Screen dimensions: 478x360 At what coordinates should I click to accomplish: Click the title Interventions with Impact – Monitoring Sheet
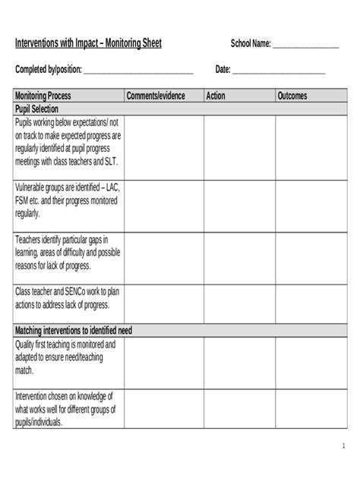(x=88, y=44)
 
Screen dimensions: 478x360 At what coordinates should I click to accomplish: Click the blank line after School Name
(x=305, y=46)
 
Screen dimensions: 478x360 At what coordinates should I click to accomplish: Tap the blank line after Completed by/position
(x=138, y=71)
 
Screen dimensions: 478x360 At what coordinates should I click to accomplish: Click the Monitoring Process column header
(x=43, y=96)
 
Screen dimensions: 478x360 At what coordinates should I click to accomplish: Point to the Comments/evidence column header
(x=156, y=96)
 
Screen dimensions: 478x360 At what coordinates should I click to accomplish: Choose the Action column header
(x=217, y=96)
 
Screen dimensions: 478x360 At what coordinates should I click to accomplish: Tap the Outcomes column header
(x=292, y=96)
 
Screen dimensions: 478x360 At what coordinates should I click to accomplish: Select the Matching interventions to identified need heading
(x=74, y=331)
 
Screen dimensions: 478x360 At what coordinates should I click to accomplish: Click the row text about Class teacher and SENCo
(x=67, y=298)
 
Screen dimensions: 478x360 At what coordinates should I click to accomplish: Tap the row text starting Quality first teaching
(x=65, y=357)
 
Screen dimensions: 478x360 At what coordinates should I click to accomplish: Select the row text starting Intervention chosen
(x=65, y=410)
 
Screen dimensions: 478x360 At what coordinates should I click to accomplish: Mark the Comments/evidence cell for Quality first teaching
(x=163, y=362)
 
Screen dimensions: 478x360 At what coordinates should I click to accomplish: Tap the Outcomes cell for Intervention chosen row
(x=309, y=410)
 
